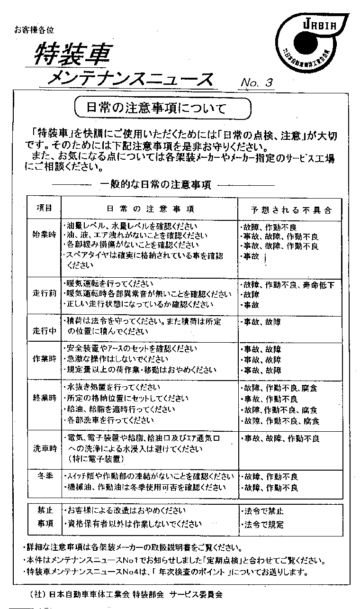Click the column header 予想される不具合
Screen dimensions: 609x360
[x=291, y=209]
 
